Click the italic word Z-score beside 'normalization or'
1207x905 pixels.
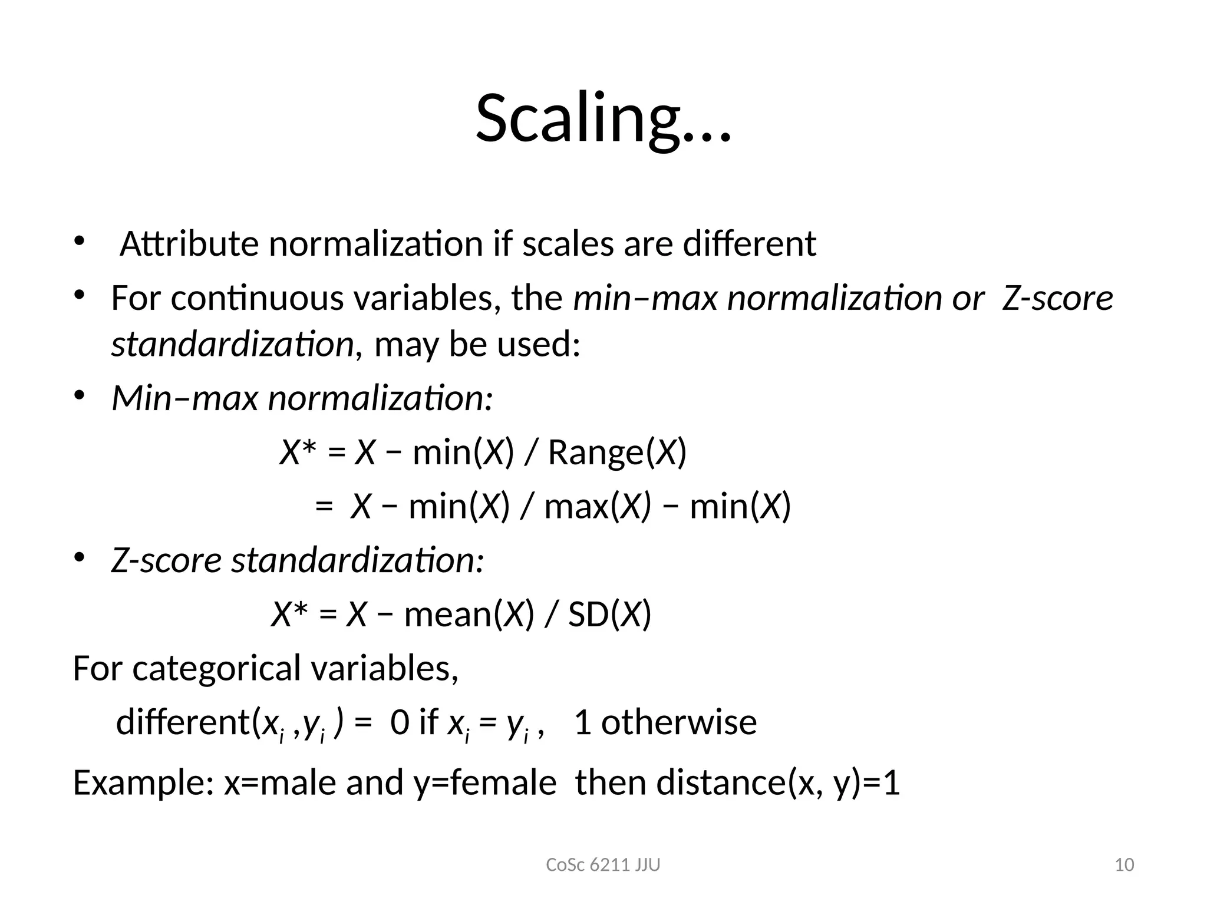(1057, 298)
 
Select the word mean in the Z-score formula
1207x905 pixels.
(447, 615)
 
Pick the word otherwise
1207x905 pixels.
(678, 722)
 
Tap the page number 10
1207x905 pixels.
(1124, 865)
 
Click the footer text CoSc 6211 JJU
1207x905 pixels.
(603, 865)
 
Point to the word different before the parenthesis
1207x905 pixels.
(183, 722)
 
